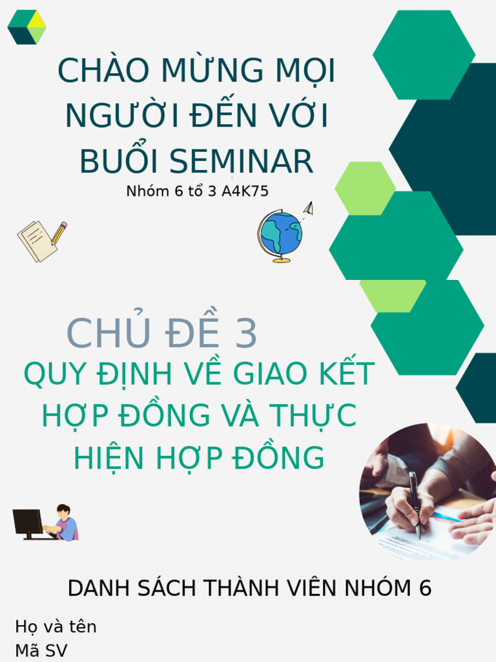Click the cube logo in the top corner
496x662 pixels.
(26, 27)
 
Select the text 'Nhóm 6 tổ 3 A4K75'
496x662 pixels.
(197, 191)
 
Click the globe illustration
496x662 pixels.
(281, 235)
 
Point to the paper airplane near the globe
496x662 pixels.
(309, 208)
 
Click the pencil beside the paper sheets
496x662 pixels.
(59, 232)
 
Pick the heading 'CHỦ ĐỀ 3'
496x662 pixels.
(162, 334)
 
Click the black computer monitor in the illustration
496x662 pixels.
(28, 522)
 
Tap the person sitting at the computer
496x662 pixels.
(65, 522)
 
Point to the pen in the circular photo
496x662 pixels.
(415, 504)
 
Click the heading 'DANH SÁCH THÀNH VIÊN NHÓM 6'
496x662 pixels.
(249, 588)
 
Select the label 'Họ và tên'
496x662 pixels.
(56, 626)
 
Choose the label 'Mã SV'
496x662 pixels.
(41, 650)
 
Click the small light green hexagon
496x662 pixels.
(365, 188)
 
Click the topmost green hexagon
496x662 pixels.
(424, 55)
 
